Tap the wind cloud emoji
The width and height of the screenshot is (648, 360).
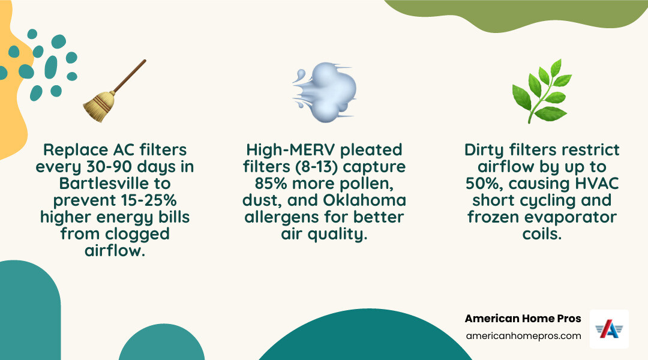325,91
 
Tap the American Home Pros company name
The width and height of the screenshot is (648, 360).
523,319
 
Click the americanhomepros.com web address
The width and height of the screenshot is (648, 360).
523,336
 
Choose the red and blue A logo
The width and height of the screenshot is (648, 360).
609,329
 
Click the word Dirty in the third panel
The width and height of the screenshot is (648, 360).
488,149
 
